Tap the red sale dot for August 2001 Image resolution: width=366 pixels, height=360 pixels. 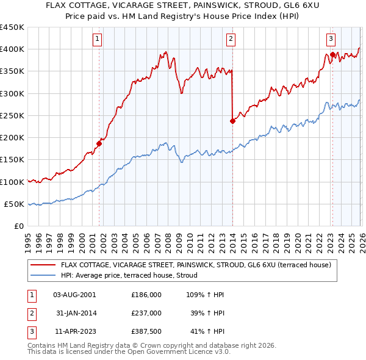(99, 144)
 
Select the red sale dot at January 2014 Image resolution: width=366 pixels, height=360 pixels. (232, 121)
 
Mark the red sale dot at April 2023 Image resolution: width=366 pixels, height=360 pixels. (332, 55)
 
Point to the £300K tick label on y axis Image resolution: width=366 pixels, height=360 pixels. (12, 93)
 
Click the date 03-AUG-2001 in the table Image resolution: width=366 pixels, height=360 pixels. (74, 294)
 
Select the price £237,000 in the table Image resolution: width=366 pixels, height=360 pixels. (146, 313)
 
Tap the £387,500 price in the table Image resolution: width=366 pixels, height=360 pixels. (146, 332)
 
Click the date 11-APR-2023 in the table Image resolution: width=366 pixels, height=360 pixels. (74, 332)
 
